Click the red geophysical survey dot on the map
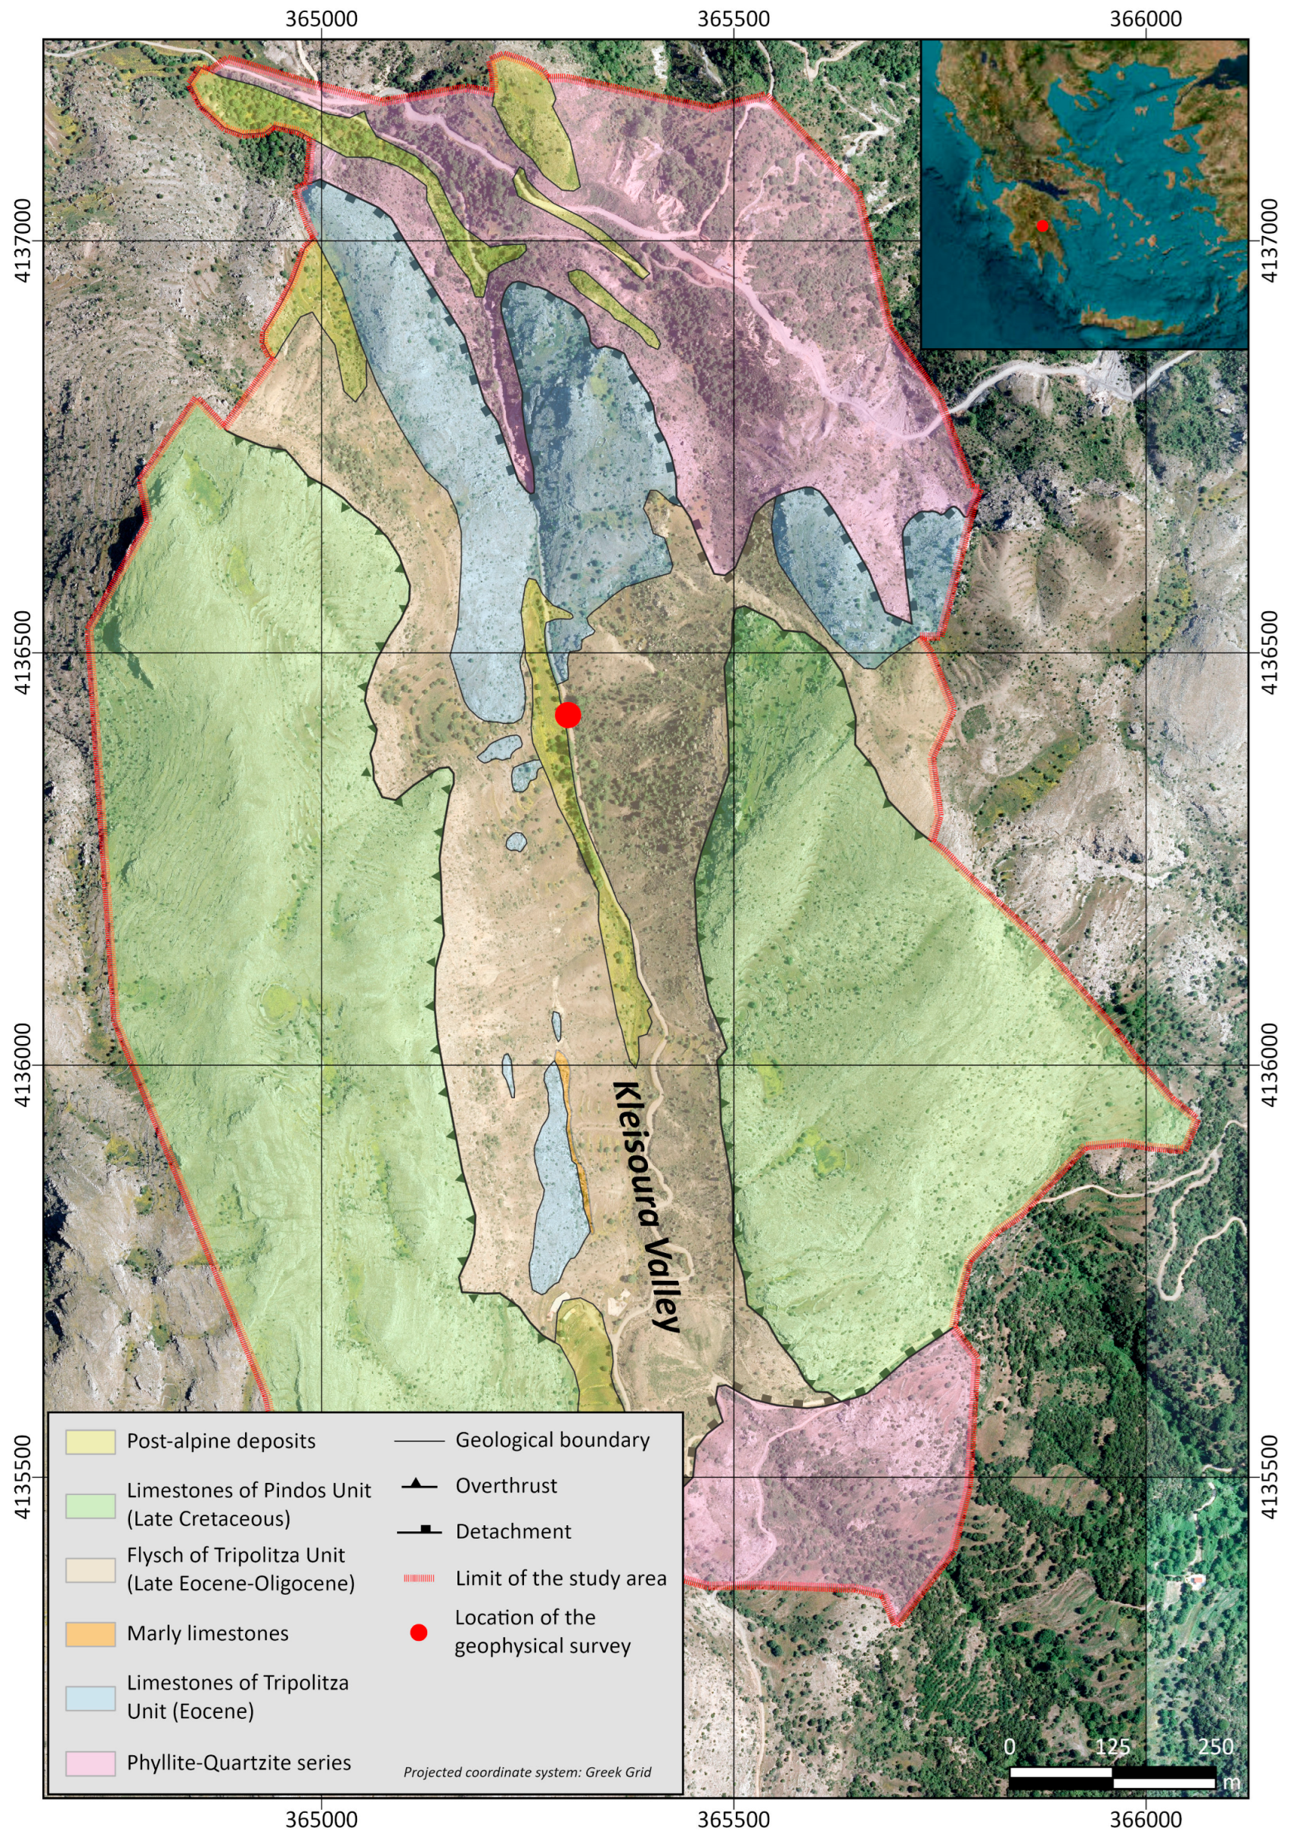pyautogui.click(x=567, y=714)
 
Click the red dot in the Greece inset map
pyautogui.click(x=1042, y=225)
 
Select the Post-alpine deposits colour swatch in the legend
pyautogui.click(x=91, y=1442)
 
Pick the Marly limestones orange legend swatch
pyautogui.click(x=91, y=1633)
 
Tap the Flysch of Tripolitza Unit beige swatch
pyautogui.click(x=91, y=1570)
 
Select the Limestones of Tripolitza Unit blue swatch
pyautogui.click(x=91, y=1699)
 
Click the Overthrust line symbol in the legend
pyautogui.click(x=418, y=1486)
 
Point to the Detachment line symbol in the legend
pyautogui.click(x=418, y=1531)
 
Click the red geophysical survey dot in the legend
pyautogui.click(x=418, y=1632)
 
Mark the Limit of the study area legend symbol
pyautogui.click(x=418, y=1578)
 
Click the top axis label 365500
pyautogui.click(x=733, y=19)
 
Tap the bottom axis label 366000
pyautogui.click(x=1146, y=1819)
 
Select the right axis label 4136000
pyautogui.click(x=1270, y=1065)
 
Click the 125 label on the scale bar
pyautogui.click(x=1112, y=1745)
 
